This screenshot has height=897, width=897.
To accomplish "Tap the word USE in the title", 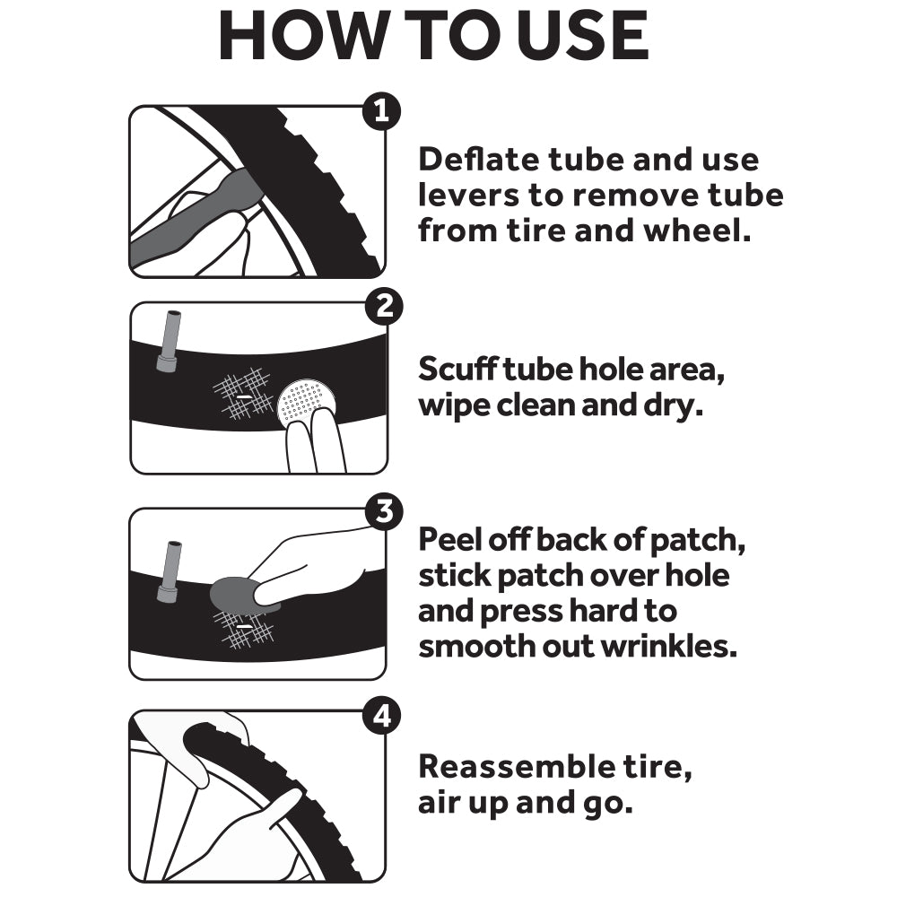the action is [x=584, y=36].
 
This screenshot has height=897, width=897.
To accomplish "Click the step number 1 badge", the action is [x=381, y=110].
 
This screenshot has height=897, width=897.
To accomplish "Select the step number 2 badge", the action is [x=384, y=306].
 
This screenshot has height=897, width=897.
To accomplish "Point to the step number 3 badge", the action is [x=384, y=511].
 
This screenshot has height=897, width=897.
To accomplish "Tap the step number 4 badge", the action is [x=381, y=715].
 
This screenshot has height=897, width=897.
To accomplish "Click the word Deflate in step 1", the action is [x=479, y=159].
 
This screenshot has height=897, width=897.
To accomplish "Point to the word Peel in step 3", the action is [x=449, y=539].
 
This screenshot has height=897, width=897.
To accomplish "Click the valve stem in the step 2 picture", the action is [x=170, y=342].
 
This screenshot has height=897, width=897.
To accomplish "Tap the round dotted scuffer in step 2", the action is [x=306, y=401].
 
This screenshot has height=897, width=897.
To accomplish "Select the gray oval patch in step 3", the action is [x=239, y=595].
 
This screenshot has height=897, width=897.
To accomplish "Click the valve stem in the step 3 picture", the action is [x=170, y=572].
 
